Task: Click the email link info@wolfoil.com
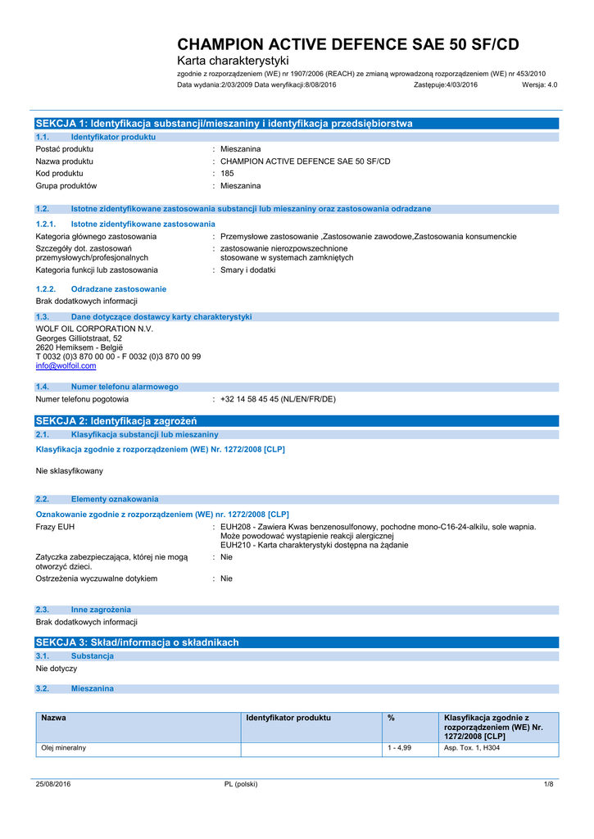[66, 366]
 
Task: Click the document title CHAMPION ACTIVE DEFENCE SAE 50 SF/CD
[348, 45]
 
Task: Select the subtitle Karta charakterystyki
[233, 61]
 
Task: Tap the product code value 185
[227, 173]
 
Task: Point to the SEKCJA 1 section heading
[224, 123]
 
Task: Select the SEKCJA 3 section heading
[137, 642]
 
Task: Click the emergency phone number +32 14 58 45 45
[278, 399]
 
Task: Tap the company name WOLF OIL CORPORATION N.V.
[94, 329]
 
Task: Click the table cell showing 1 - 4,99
[399, 748]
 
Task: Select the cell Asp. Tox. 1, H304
[471, 748]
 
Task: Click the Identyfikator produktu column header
[288, 718]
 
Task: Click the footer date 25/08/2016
[53, 784]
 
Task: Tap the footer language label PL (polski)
[241, 784]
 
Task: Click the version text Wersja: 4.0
[539, 84]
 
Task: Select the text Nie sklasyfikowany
[70, 471]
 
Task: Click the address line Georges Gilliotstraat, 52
[79, 338]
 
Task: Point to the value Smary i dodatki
[248, 270]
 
